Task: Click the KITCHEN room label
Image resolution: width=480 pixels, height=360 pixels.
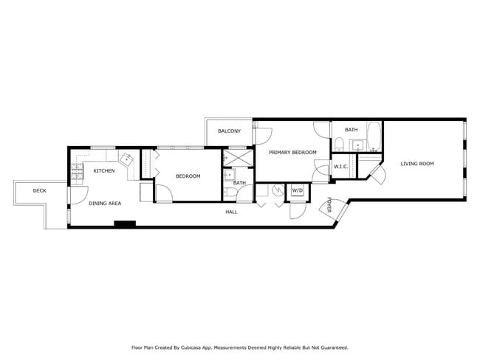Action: coord(103,171)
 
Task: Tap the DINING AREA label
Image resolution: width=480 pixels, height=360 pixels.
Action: coord(105,203)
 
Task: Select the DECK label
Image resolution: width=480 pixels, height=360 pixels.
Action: coord(40,191)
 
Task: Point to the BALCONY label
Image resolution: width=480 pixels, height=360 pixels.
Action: coord(229,131)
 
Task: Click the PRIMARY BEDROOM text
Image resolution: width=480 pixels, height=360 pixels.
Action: coord(292,153)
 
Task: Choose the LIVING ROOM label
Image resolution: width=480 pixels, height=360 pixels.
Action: coord(417,164)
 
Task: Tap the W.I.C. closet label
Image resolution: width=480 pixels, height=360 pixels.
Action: coord(340,167)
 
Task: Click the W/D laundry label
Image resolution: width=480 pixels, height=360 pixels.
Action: coord(297,191)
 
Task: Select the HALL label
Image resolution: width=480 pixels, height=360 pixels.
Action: coord(231,212)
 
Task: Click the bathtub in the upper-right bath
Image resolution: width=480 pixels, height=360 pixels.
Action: coord(373,136)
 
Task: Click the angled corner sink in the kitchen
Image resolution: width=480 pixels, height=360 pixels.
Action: coord(126,159)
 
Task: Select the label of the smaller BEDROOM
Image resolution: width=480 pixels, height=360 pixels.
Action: coord(188,176)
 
